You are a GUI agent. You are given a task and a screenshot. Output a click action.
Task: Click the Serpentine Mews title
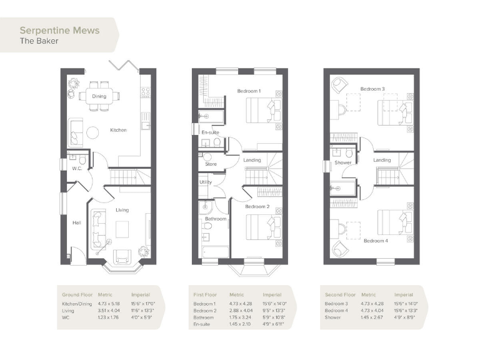click(59, 29)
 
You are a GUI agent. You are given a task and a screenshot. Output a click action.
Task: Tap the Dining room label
click(99, 96)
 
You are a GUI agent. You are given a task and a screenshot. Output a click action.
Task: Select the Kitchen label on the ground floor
click(118, 130)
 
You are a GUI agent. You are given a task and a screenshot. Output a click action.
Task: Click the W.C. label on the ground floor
click(77, 168)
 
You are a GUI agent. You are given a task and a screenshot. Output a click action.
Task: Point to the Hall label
click(77, 222)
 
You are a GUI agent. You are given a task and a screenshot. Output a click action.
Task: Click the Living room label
click(122, 210)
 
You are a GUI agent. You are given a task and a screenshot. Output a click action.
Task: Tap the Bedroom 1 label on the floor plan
click(249, 91)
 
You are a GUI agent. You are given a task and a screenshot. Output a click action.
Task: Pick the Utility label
click(206, 182)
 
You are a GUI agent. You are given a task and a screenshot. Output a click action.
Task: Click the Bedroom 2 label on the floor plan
click(257, 206)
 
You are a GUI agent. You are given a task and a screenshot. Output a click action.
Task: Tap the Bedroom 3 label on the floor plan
click(372, 89)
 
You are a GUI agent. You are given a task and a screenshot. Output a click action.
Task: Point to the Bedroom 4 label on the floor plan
click(376, 241)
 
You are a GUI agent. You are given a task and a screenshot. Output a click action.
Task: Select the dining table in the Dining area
click(99, 96)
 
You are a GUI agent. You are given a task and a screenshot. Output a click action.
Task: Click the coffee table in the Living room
click(122, 226)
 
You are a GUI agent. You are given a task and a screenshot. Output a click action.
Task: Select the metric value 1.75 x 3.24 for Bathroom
click(240, 317)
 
